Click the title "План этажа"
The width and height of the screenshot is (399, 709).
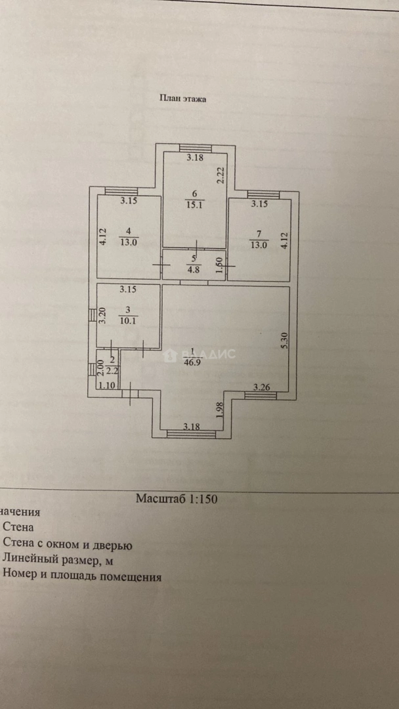(x=183, y=99)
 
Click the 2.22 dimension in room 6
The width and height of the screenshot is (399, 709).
(x=221, y=175)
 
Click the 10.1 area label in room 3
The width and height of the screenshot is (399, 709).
(x=128, y=321)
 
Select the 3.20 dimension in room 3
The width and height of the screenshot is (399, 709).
(x=102, y=316)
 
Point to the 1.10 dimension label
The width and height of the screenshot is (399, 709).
(x=106, y=386)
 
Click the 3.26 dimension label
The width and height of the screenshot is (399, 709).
(x=262, y=387)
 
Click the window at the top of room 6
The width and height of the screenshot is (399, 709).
(x=195, y=147)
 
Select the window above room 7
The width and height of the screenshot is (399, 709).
(x=263, y=194)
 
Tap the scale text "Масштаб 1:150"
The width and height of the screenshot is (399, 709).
(x=177, y=498)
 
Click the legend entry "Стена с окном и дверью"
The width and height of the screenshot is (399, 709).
(x=68, y=544)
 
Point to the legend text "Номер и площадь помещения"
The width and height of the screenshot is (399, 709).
(x=82, y=576)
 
